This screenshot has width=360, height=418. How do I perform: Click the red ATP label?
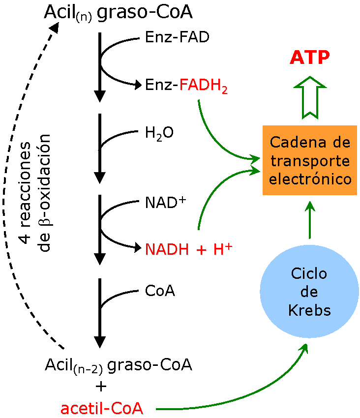point(310,58)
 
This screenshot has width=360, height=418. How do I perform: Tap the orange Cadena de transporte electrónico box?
point(310,160)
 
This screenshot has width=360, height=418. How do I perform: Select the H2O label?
point(159,132)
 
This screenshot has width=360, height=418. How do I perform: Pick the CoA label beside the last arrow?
point(160,291)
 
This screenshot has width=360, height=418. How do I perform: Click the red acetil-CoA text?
point(102,408)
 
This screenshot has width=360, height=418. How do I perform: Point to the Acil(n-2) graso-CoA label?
point(119,365)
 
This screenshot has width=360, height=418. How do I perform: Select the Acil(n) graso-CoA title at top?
point(118,13)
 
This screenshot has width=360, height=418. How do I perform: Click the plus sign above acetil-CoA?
point(101,387)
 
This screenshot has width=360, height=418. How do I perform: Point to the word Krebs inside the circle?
point(309,310)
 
